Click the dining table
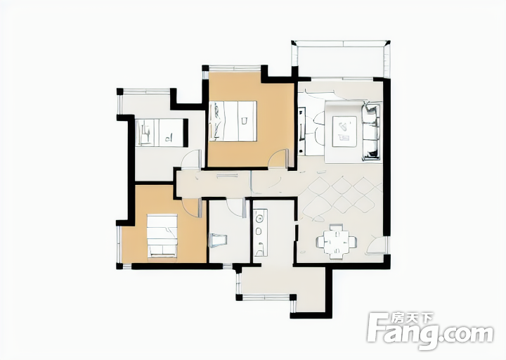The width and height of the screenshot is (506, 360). pyautogui.click(x=337, y=241)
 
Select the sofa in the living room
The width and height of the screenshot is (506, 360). pyautogui.click(x=371, y=131)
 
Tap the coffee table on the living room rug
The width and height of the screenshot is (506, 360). pyautogui.click(x=344, y=131)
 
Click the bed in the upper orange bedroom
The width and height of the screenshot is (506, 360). pyautogui.click(x=233, y=121)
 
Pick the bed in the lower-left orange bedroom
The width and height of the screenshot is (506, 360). pyautogui.click(x=162, y=236)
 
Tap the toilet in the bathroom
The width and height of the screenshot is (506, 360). pyautogui.click(x=218, y=240)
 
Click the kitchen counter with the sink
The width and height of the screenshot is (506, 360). pyautogui.click(x=260, y=233)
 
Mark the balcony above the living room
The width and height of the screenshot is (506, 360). pyautogui.click(x=341, y=59)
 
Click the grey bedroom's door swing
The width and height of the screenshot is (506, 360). pyautogui.click(x=192, y=160)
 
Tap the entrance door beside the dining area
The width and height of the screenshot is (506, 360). pyautogui.click(x=377, y=245)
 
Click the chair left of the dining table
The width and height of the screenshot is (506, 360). pyautogui.click(x=320, y=241)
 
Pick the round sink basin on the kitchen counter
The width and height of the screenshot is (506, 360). pyautogui.click(x=259, y=219)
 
